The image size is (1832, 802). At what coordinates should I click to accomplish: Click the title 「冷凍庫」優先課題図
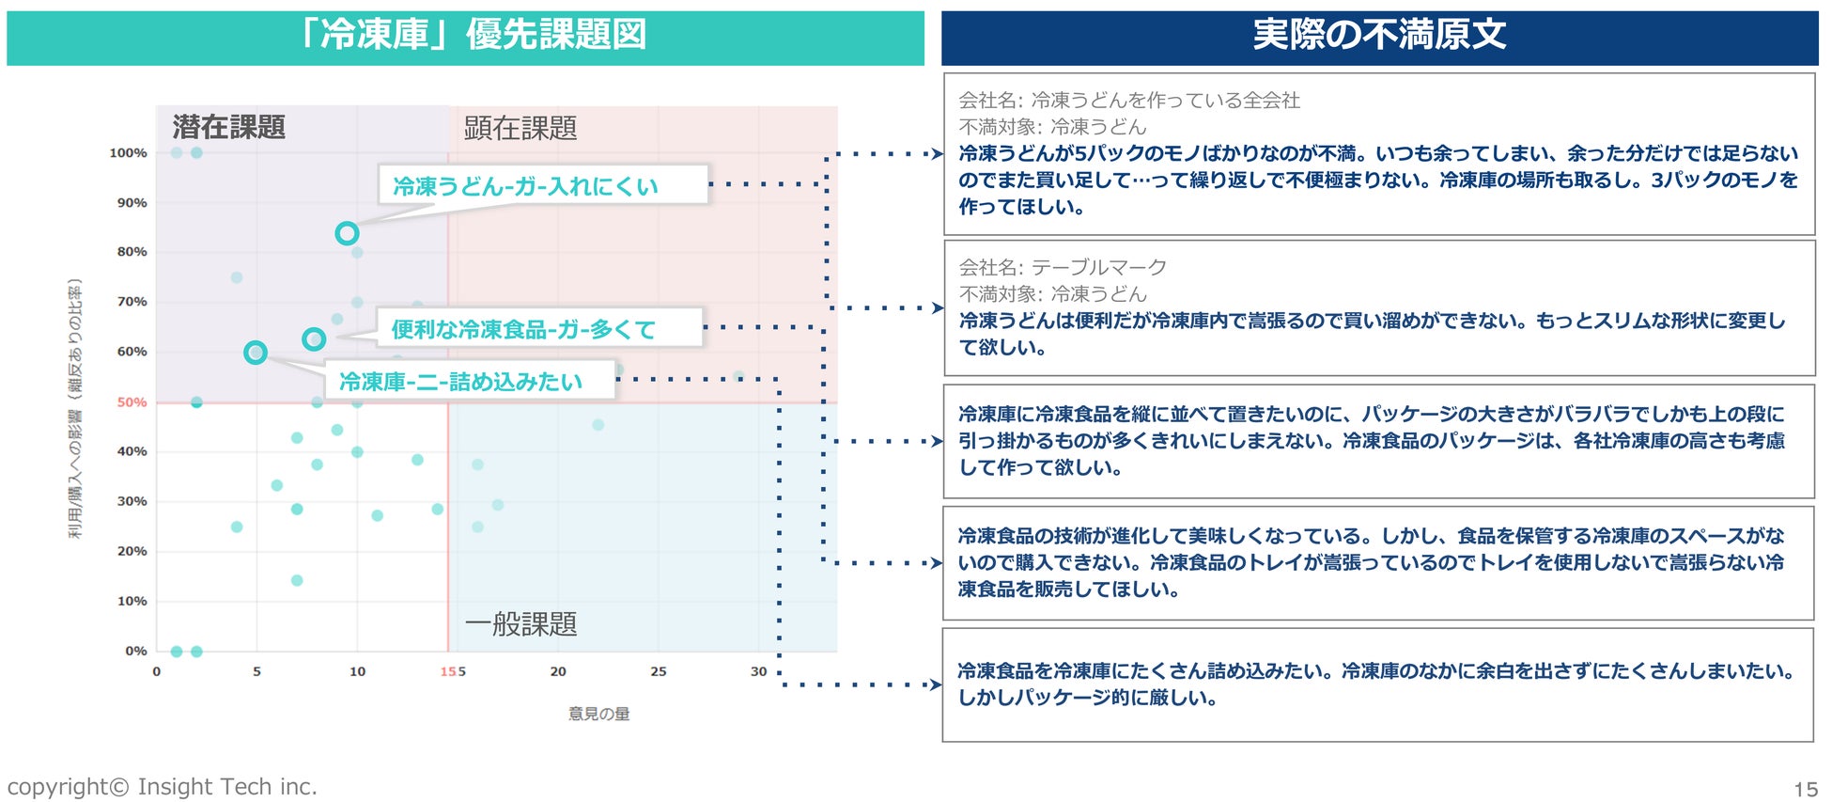tap(470, 36)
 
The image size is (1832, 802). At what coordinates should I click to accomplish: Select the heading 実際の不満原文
tap(1379, 36)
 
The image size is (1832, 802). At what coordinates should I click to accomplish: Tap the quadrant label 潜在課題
tap(229, 127)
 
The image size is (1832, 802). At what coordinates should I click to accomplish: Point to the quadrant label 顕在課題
tap(520, 128)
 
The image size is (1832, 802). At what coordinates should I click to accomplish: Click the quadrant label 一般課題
tap(520, 624)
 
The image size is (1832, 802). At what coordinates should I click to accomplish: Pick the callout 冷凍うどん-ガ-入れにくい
tap(525, 186)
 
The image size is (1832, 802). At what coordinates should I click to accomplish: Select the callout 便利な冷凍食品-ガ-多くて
tap(523, 329)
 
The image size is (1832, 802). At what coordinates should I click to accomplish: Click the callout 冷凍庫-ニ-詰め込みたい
tap(460, 381)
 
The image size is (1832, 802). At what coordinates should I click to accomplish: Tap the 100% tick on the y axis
tap(129, 153)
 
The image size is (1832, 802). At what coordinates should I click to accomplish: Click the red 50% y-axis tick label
tap(132, 402)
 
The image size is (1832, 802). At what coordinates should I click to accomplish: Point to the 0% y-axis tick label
tap(136, 651)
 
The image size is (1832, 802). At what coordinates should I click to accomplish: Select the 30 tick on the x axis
tap(758, 671)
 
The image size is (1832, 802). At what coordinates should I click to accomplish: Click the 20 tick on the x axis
tap(558, 671)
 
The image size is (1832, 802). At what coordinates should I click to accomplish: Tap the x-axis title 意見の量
tap(598, 714)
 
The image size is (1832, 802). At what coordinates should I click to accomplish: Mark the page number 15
tap(1806, 789)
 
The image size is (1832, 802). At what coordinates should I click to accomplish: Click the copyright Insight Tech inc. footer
tap(163, 787)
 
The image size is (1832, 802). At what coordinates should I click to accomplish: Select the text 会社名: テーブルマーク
tap(1062, 267)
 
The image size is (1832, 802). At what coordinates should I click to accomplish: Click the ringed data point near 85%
tap(347, 233)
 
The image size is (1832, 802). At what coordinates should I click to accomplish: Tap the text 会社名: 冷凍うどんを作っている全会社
tap(1128, 101)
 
